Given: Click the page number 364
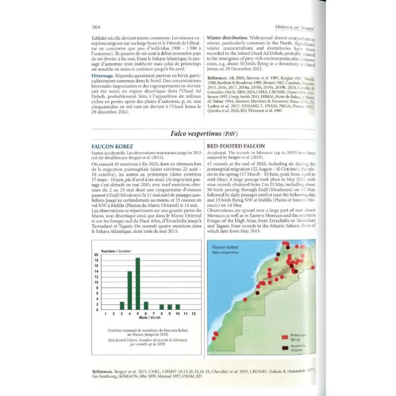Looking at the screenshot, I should (x=97, y=27).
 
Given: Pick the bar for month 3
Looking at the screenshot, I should (x=122, y=304).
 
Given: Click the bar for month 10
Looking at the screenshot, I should (x=178, y=306).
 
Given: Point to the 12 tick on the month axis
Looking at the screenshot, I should (x=194, y=314).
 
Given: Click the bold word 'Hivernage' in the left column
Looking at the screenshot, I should (x=104, y=75).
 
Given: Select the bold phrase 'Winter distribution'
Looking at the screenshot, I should (x=227, y=38).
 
